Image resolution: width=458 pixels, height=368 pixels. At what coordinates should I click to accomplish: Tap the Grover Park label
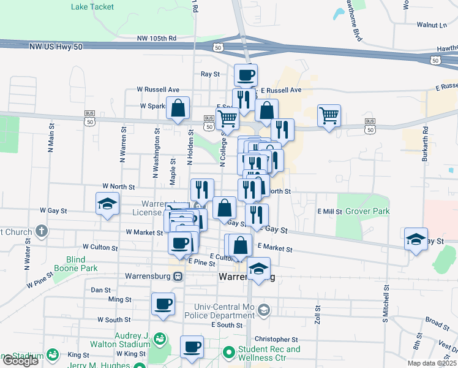coord(367,211)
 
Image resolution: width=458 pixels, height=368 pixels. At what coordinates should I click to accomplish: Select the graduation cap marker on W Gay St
coord(107,204)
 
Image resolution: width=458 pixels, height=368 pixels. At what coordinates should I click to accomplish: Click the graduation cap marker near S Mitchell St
coord(416,239)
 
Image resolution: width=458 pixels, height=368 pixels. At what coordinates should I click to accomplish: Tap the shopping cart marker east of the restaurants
coord(329,115)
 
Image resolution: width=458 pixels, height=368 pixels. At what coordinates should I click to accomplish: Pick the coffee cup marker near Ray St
coord(246,75)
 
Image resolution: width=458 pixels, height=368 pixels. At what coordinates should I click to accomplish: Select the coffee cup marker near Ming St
coord(163,304)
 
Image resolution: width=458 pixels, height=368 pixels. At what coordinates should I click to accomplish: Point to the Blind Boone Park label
coord(83,264)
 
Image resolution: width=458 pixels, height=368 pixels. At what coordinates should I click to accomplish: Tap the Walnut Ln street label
coord(432,25)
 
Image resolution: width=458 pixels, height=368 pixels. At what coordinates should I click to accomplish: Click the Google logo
coord(20,361)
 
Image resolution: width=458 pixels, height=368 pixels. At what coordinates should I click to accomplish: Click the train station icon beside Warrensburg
coord(178,276)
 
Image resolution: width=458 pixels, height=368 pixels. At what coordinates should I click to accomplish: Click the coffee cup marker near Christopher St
coord(192,347)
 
